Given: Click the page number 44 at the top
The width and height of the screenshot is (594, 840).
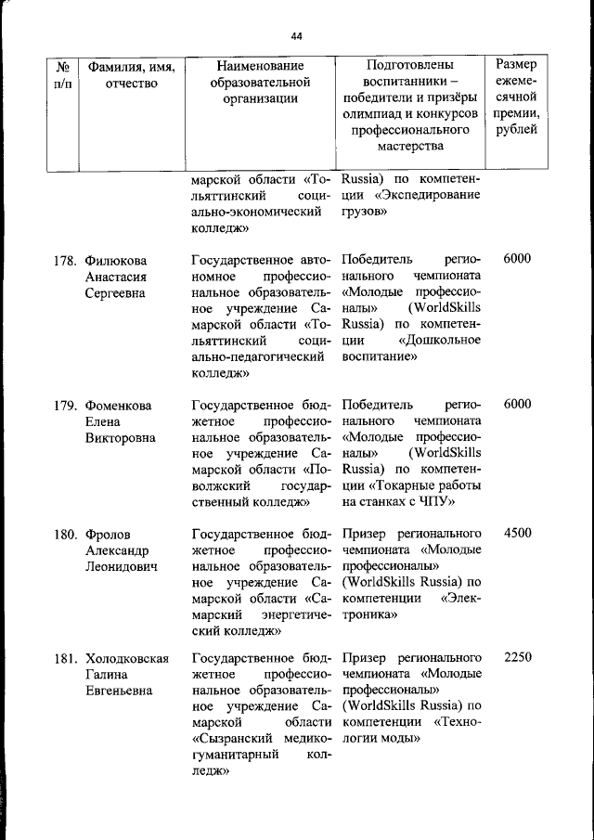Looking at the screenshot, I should click(296, 36).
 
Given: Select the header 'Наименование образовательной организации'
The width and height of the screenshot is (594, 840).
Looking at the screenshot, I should click(259, 84).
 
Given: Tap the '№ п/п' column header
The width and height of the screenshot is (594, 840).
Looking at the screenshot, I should click(64, 75).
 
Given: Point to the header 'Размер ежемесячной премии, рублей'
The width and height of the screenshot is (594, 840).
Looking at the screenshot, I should click(516, 97).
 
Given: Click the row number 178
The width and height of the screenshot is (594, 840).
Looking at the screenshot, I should click(64, 260).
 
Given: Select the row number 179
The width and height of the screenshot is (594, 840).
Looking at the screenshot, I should click(64, 406).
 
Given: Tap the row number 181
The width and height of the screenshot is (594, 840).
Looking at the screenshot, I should click(64, 658).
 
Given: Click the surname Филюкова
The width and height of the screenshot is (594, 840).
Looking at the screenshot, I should click(116, 260).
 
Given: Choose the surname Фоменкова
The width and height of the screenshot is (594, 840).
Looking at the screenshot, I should click(119, 406).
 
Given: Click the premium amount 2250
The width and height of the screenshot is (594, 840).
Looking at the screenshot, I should click(516, 658).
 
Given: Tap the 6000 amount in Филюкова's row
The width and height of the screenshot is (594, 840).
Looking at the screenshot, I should click(516, 260).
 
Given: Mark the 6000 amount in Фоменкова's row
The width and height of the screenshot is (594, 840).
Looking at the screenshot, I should click(516, 406).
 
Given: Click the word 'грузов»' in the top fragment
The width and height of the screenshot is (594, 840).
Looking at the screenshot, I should click(364, 213).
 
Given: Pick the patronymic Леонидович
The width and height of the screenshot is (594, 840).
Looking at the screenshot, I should click(121, 566).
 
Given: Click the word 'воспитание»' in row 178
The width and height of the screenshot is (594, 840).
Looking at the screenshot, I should click(378, 356).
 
